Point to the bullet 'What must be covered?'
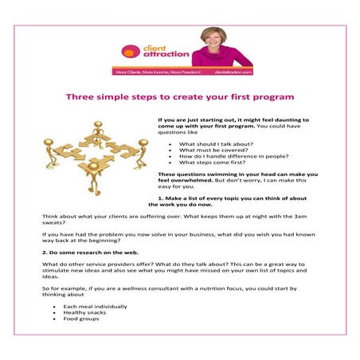[x=210, y=149]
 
